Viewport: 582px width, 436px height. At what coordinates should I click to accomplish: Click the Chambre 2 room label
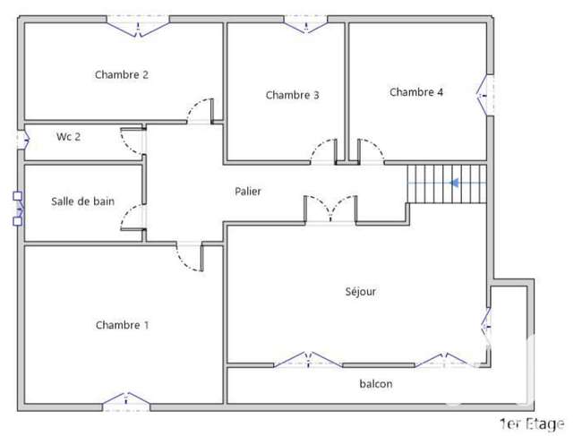122,74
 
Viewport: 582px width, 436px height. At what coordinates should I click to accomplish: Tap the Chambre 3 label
292,95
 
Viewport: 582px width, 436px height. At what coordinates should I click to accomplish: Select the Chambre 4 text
416,92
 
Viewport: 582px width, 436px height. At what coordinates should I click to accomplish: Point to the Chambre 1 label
122,325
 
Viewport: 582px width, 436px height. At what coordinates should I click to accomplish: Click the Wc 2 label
68,137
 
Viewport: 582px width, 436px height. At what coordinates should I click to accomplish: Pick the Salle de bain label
82,201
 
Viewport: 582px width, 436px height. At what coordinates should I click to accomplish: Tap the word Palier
247,192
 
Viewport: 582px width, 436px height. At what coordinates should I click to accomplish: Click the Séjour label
361,292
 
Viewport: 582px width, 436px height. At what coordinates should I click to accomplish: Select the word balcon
376,384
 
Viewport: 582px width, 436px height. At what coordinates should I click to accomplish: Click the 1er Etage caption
532,423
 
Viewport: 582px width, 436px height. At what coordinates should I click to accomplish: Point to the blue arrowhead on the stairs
455,183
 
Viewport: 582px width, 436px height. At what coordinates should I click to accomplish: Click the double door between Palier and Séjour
330,209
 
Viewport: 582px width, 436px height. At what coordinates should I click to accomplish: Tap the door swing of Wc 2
133,141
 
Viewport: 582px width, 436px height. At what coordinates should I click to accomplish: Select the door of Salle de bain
133,218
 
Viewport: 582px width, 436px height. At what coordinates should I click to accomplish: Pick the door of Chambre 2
201,111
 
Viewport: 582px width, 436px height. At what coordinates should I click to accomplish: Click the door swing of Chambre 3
323,151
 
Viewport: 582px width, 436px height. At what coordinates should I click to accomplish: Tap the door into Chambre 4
371,151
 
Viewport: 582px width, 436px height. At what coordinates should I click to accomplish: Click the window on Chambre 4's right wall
485,96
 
